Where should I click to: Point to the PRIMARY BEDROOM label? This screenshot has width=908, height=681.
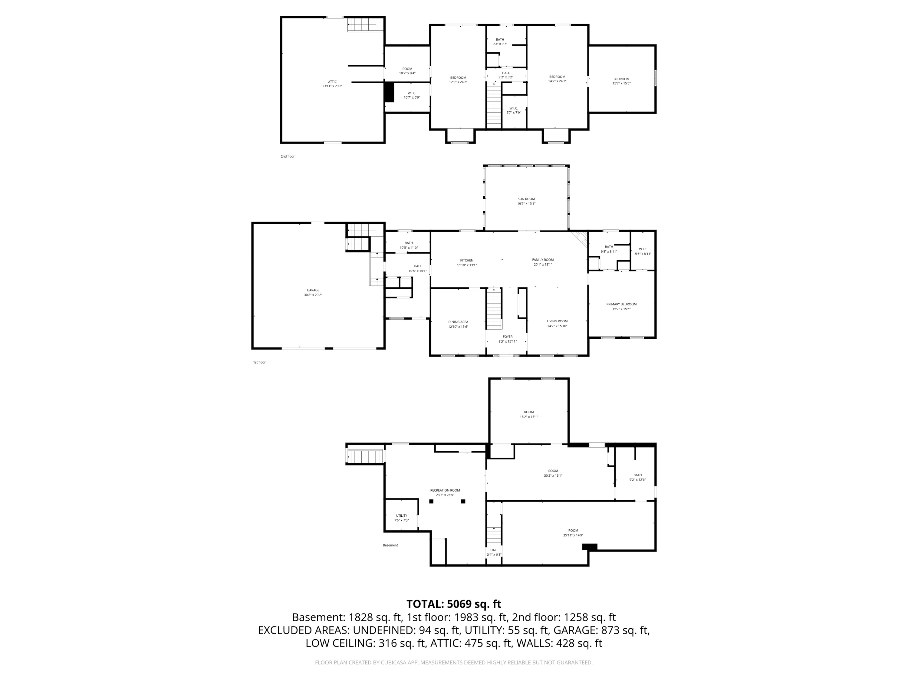point(621,304)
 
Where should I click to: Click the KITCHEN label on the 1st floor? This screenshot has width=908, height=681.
point(466,260)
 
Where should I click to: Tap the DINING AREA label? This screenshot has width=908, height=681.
point(458,322)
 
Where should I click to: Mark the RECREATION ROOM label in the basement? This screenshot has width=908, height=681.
point(445,490)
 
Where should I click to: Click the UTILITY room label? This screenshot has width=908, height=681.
point(401,515)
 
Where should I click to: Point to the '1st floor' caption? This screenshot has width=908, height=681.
point(259,363)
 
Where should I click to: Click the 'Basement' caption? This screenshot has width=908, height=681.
point(390,545)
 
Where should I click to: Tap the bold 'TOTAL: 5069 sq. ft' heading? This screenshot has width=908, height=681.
point(454,604)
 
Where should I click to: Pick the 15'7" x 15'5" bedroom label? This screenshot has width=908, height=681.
point(621,81)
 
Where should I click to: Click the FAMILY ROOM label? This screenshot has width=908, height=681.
point(543,260)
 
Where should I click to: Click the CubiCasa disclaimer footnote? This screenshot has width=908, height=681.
point(454,663)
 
